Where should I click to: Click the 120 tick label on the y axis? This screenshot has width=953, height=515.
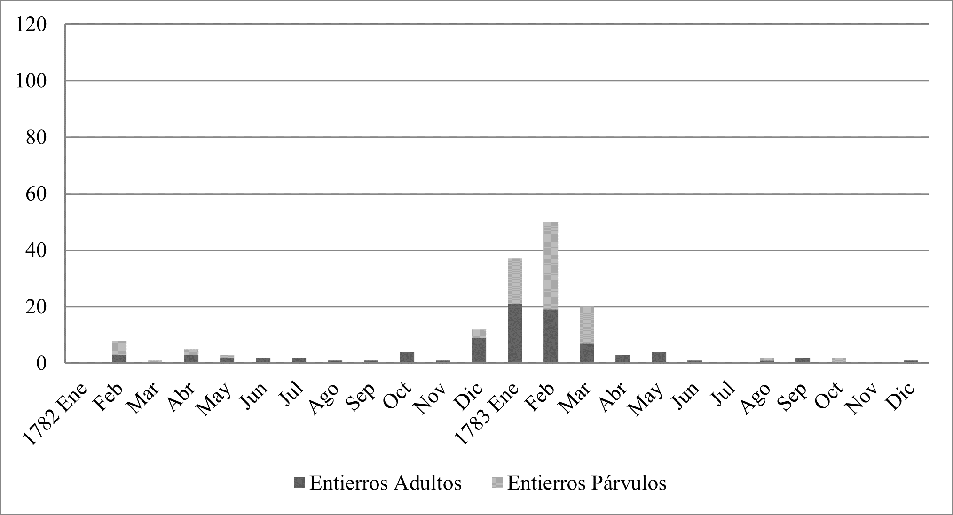click(32, 24)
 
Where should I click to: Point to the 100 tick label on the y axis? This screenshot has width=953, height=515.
click(32, 81)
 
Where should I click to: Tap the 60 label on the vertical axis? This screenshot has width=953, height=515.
click(37, 194)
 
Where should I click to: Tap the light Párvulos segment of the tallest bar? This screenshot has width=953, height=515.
click(551, 265)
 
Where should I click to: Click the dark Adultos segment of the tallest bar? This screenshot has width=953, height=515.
click(551, 336)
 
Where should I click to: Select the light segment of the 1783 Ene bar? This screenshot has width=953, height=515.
click(514, 281)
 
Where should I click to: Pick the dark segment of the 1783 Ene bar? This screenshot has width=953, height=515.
click(514, 333)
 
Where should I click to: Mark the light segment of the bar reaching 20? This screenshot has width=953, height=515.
click(586, 325)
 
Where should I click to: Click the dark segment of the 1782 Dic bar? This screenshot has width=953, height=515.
click(479, 350)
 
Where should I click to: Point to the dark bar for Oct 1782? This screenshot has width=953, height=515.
click(407, 357)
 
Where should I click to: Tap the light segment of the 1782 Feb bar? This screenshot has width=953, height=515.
click(119, 348)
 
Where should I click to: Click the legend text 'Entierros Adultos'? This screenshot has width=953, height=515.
click(385, 483)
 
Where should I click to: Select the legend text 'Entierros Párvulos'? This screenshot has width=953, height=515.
click(586, 483)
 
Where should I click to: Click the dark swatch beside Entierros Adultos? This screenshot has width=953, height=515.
click(299, 483)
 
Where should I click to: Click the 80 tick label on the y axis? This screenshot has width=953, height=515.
click(37, 138)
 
